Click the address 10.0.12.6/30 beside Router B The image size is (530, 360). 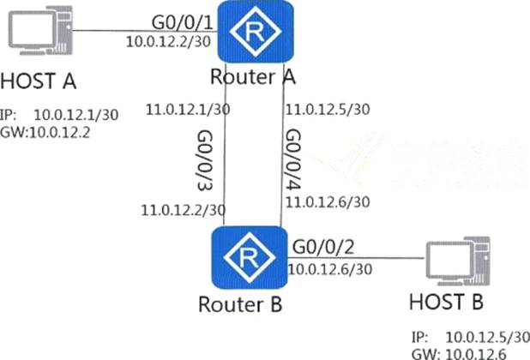click(329, 269)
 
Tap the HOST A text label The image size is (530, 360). click(39, 81)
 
